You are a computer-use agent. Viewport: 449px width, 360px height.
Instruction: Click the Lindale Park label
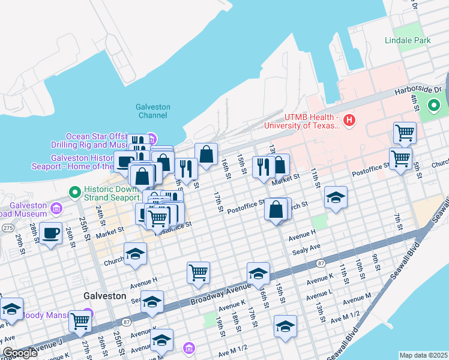(408, 40)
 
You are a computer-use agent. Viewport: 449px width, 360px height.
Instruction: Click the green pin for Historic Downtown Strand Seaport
(74, 193)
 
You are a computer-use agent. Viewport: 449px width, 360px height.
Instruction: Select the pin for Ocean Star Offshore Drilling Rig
(150, 137)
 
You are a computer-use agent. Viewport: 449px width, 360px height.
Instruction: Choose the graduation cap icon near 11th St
(336, 197)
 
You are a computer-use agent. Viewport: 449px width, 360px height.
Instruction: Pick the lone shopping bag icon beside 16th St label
(206, 154)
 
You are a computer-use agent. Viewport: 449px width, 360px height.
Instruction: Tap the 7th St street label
(397, 220)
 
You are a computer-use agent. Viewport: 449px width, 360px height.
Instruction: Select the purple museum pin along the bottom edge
(189, 347)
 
